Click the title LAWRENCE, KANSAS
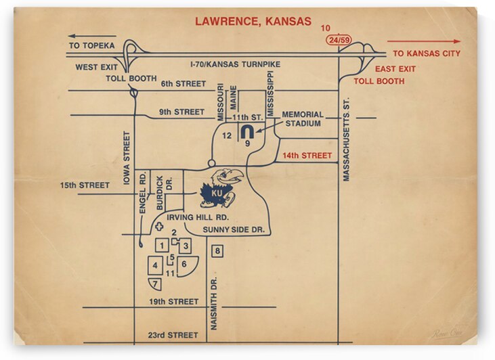[x=253, y=21]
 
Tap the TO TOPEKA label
[x=92, y=46]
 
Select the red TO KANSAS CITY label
[x=427, y=53]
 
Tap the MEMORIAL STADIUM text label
[x=303, y=119]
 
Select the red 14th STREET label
[x=307, y=156]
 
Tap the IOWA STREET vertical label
[x=126, y=158]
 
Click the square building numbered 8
[x=217, y=251]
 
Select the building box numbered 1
[x=162, y=246]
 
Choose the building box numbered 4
[x=155, y=266]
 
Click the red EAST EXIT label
[x=395, y=69]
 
